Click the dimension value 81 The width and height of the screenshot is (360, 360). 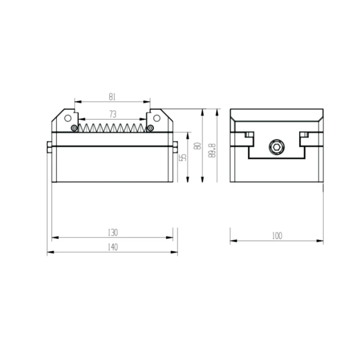[112, 96]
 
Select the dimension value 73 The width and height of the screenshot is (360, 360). [112, 115]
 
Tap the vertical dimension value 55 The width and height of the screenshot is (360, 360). [182, 157]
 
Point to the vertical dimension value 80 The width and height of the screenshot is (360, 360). [197, 146]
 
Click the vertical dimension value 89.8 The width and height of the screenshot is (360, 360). [212, 148]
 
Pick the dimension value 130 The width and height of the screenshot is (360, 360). [112, 233]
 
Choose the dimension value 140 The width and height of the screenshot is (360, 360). [112, 247]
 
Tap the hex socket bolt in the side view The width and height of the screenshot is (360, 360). [276, 147]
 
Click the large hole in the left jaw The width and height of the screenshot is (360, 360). [68, 118]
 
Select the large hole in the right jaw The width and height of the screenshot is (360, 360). [157, 118]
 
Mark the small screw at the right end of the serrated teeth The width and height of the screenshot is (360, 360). [150, 129]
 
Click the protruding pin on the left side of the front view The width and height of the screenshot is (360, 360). [49, 147]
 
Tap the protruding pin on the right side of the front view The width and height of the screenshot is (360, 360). [175, 147]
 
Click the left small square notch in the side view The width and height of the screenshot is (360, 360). [247, 135]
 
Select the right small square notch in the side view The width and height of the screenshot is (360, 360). [305, 135]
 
